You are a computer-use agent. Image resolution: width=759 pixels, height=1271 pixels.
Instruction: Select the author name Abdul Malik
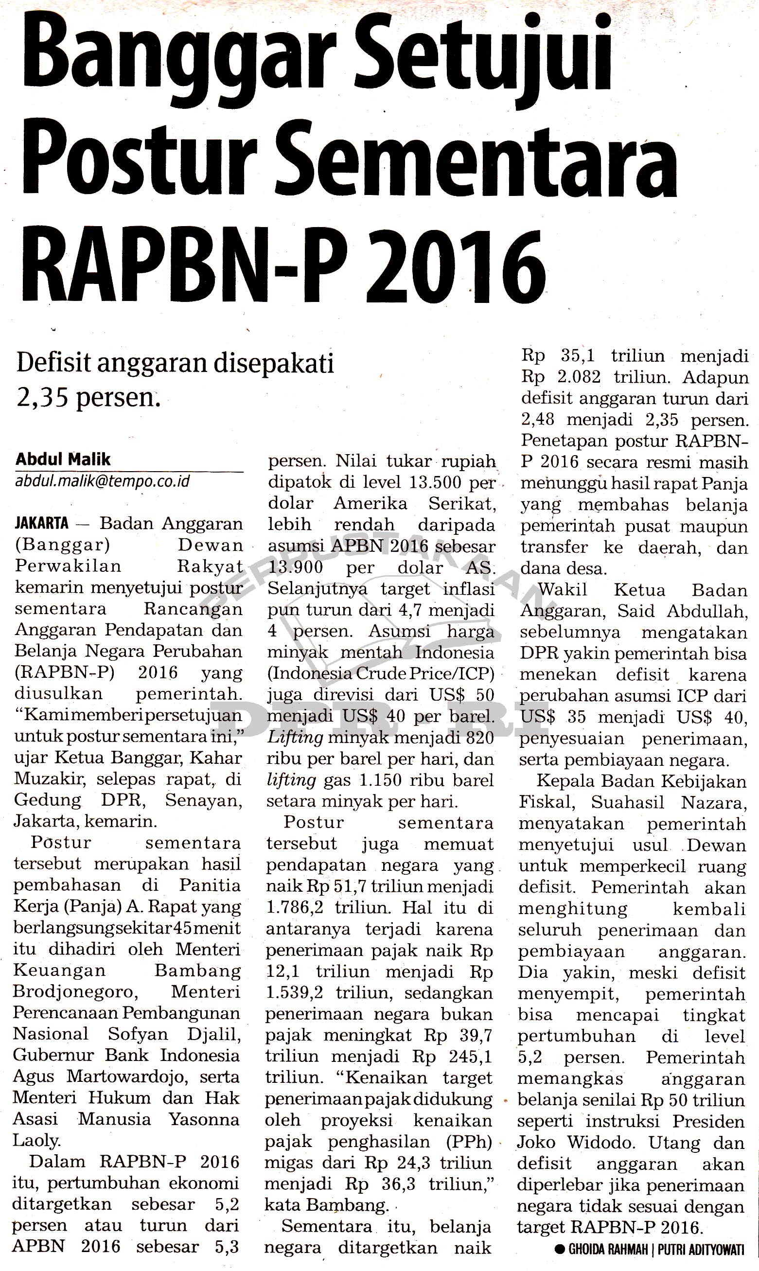(63, 459)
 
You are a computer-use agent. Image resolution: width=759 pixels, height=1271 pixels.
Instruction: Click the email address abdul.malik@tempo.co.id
(102, 481)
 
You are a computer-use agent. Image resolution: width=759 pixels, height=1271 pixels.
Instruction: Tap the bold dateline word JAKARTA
(42, 523)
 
